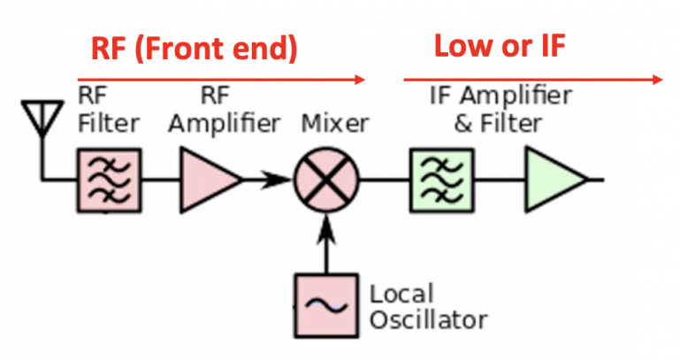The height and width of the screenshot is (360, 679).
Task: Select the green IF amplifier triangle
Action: (552, 180)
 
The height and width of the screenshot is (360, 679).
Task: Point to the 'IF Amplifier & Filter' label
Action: (500, 109)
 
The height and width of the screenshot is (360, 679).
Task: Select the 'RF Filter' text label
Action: (109, 109)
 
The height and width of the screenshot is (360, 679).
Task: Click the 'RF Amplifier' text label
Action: (225, 109)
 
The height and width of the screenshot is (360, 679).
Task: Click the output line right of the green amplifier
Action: (596, 180)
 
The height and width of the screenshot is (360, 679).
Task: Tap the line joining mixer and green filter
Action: (383, 180)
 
